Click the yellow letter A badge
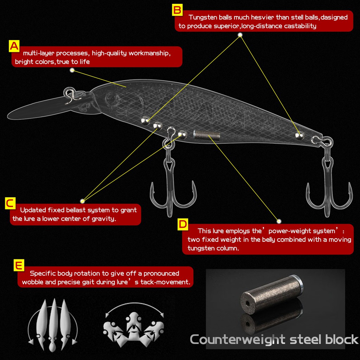point(14,46)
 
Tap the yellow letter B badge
point(177,10)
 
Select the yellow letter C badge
point(11,204)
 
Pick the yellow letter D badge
point(183,224)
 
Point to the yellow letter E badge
point(19,265)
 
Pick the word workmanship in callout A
point(149,53)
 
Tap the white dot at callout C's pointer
point(82,201)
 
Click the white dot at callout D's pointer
point(279,221)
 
